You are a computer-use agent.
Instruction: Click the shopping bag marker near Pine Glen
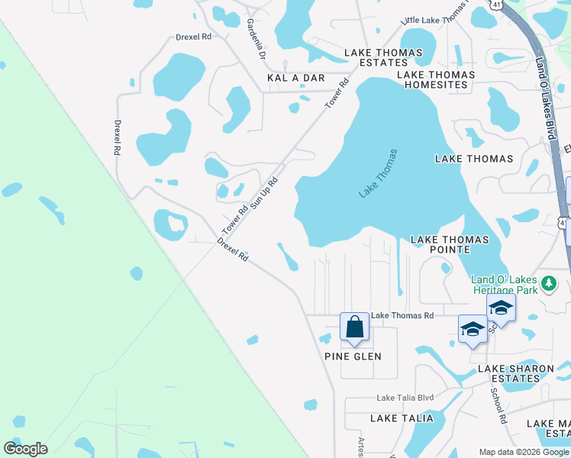[x=355, y=327]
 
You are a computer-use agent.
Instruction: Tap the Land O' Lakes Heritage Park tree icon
[x=548, y=285]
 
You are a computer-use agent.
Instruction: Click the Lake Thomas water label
[x=379, y=174]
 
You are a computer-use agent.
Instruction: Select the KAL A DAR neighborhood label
[x=296, y=78]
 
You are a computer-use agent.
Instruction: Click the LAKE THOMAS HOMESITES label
[x=436, y=79]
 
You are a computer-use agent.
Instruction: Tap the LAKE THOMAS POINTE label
[x=450, y=244]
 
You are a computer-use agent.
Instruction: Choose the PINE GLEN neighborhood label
[x=352, y=356]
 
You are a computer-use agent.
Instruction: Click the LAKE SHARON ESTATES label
[x=515, y=373]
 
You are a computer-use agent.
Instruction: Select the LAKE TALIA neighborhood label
[x=402, y=418]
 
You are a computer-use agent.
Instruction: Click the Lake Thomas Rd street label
[x=402, y=315]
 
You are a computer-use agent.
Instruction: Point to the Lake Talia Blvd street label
[x=405, y=398]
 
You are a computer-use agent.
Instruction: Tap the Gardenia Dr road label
[x=256, y=40]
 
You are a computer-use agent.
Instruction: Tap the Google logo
[x=25, y=449]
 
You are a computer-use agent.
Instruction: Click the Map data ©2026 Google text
[x=523, y=452]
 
